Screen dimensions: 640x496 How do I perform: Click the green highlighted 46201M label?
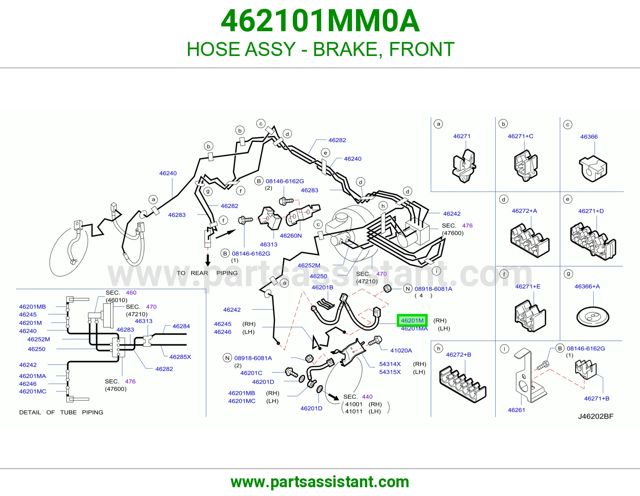tap(412, 320)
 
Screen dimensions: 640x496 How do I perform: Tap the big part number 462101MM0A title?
tap(320, 21)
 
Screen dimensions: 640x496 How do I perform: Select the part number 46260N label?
tap(291, 236)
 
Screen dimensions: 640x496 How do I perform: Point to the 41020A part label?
tap(401, 350)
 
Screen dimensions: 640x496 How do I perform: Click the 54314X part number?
tap(390, 364)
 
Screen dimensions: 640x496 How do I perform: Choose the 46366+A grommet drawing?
tap(592, 317)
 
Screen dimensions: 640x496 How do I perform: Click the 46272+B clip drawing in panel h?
tap(463, 384)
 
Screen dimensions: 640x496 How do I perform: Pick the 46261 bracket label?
tap(516, 410)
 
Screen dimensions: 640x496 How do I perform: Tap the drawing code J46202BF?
tap(596, 416)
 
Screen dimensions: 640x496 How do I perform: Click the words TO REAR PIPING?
tap(207, 273)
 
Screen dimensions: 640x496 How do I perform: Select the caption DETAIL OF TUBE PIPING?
tap(61, 412)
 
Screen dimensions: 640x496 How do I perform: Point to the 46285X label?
tap(180, 357)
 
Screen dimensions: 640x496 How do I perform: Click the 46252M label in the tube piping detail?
tap(38, 339)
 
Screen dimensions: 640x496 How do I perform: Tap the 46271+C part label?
tap(520, 136)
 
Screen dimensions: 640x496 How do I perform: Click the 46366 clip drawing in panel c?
tap(593, 169)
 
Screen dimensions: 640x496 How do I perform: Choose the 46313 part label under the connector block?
tap(269, 244)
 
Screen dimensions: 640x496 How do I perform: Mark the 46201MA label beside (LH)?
tap(414, 329)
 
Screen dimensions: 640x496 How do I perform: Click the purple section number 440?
tap(367, 397)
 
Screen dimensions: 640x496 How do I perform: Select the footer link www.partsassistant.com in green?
tap(320, 482)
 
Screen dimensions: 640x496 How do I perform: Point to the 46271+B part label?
tap(597, 398)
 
